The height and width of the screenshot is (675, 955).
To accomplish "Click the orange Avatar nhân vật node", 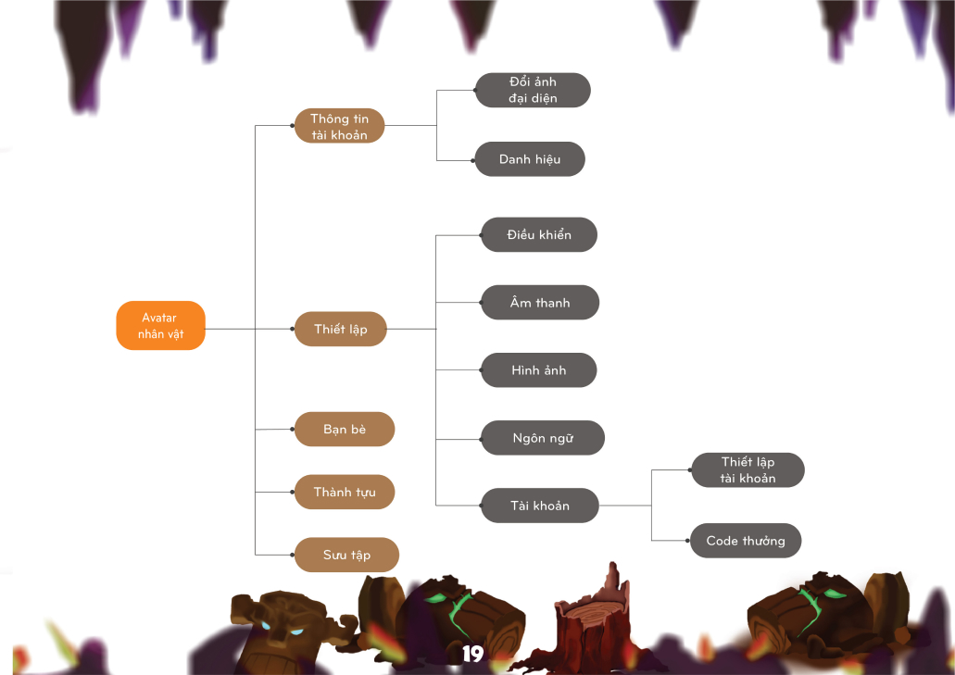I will point(159,326).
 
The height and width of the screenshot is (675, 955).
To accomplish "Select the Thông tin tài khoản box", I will point(339,126).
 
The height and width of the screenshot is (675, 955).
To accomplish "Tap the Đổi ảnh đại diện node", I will point(533,90).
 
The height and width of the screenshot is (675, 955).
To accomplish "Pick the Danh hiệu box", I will point(530,159).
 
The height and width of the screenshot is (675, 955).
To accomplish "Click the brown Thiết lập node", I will point(340,329).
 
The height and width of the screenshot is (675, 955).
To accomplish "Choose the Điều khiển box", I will point(539,235).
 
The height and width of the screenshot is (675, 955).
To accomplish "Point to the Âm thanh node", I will point(540,303).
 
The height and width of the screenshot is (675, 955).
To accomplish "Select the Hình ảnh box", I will point(538,370).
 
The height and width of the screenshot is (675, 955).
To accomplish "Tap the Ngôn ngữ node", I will point(543,438).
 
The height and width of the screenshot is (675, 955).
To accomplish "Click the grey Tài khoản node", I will point(540,506).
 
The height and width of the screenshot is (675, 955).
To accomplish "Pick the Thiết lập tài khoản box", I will point(748,470).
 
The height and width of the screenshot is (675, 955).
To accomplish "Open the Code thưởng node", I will point(746,541).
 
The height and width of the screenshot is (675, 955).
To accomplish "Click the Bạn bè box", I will point(345,430).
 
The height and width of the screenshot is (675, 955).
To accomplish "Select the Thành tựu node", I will point(345,492).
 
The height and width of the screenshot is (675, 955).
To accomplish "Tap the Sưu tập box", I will point(346,555).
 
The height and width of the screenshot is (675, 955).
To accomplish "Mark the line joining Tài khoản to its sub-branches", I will point(625,506).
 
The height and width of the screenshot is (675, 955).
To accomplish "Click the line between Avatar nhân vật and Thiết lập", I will point(232,329).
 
